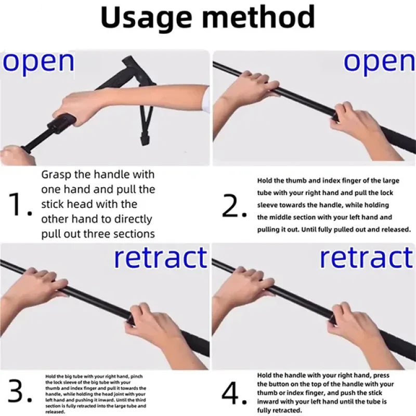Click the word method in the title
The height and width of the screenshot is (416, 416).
point(258,16)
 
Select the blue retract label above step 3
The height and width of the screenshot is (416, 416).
point(161,257)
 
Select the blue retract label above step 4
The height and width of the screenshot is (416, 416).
point(367,257)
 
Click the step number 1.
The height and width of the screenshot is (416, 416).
point(20,204)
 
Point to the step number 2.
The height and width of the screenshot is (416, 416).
point(234,206)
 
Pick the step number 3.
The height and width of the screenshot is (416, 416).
point(20,391)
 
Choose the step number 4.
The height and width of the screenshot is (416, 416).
point(234,393)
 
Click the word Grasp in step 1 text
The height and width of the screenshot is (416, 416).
point(57,175)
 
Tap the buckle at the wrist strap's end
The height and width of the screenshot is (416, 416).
point(145,138)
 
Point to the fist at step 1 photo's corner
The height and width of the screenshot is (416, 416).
point(17,155)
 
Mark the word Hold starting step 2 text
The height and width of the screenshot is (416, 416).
point(264,180)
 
